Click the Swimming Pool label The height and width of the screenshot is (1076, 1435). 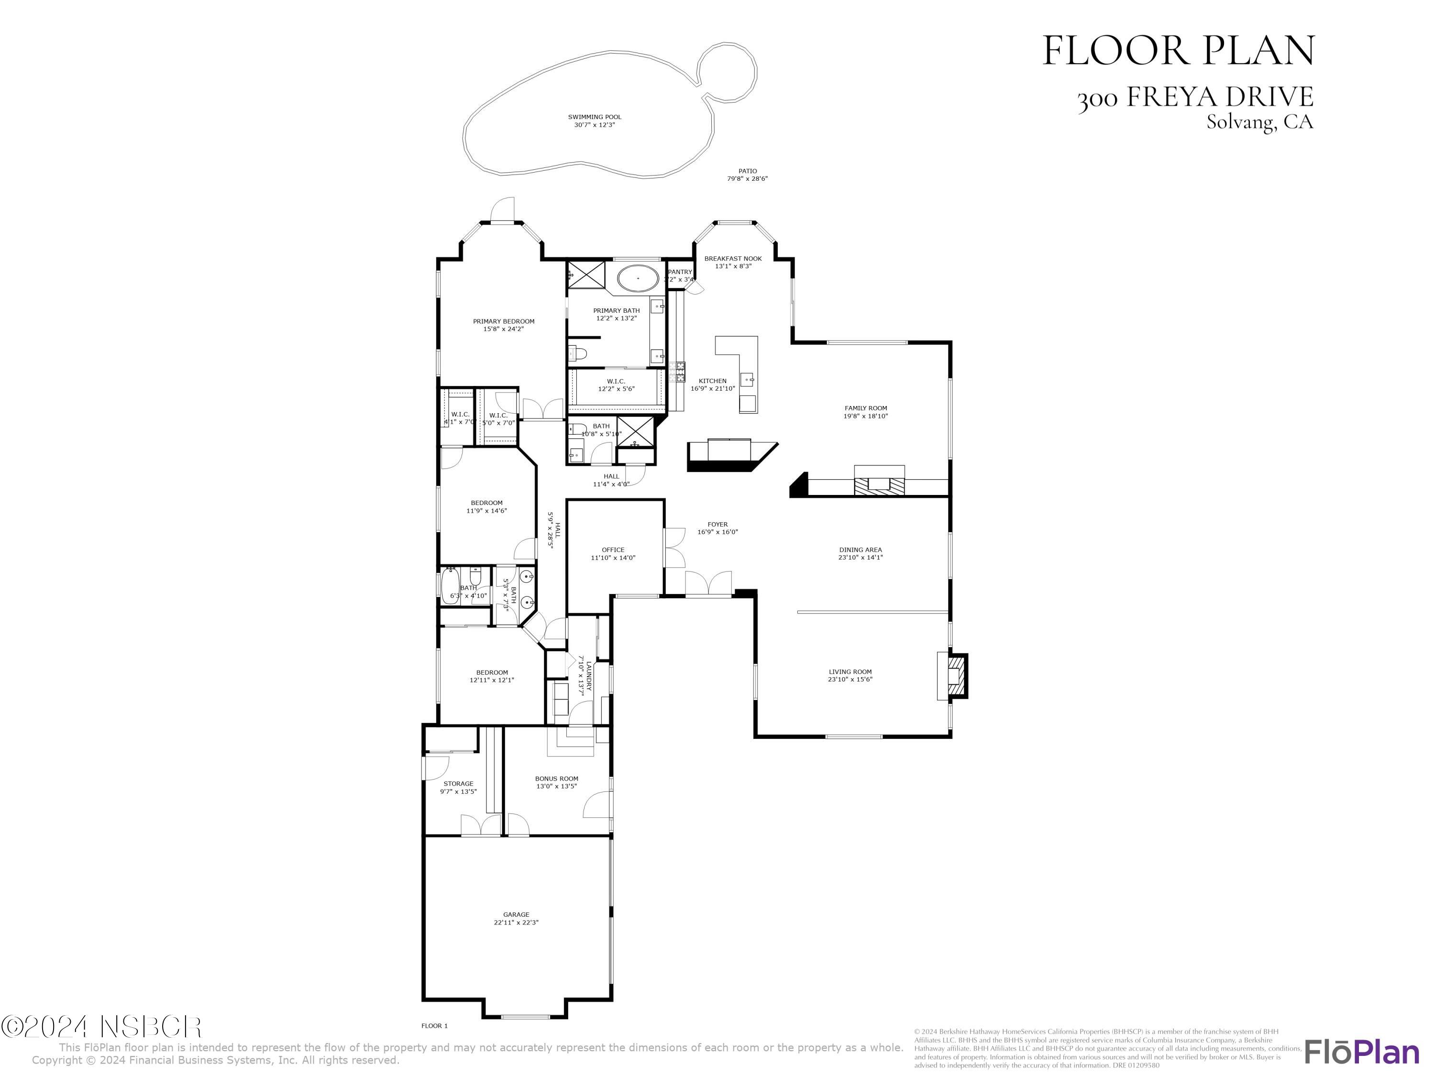594,117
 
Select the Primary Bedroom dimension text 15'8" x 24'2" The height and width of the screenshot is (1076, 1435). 503,329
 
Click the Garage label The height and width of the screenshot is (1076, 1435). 517,914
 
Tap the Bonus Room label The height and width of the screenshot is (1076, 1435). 557,778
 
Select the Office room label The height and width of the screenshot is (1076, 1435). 613,550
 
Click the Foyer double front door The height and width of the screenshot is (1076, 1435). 709,584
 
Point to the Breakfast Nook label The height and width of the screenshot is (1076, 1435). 733,259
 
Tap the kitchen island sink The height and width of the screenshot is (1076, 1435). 749,379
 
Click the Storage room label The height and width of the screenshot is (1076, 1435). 459,783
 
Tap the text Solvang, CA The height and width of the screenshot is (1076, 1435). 1259,122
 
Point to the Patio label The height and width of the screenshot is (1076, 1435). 747,171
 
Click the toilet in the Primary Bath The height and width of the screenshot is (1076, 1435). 577,353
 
